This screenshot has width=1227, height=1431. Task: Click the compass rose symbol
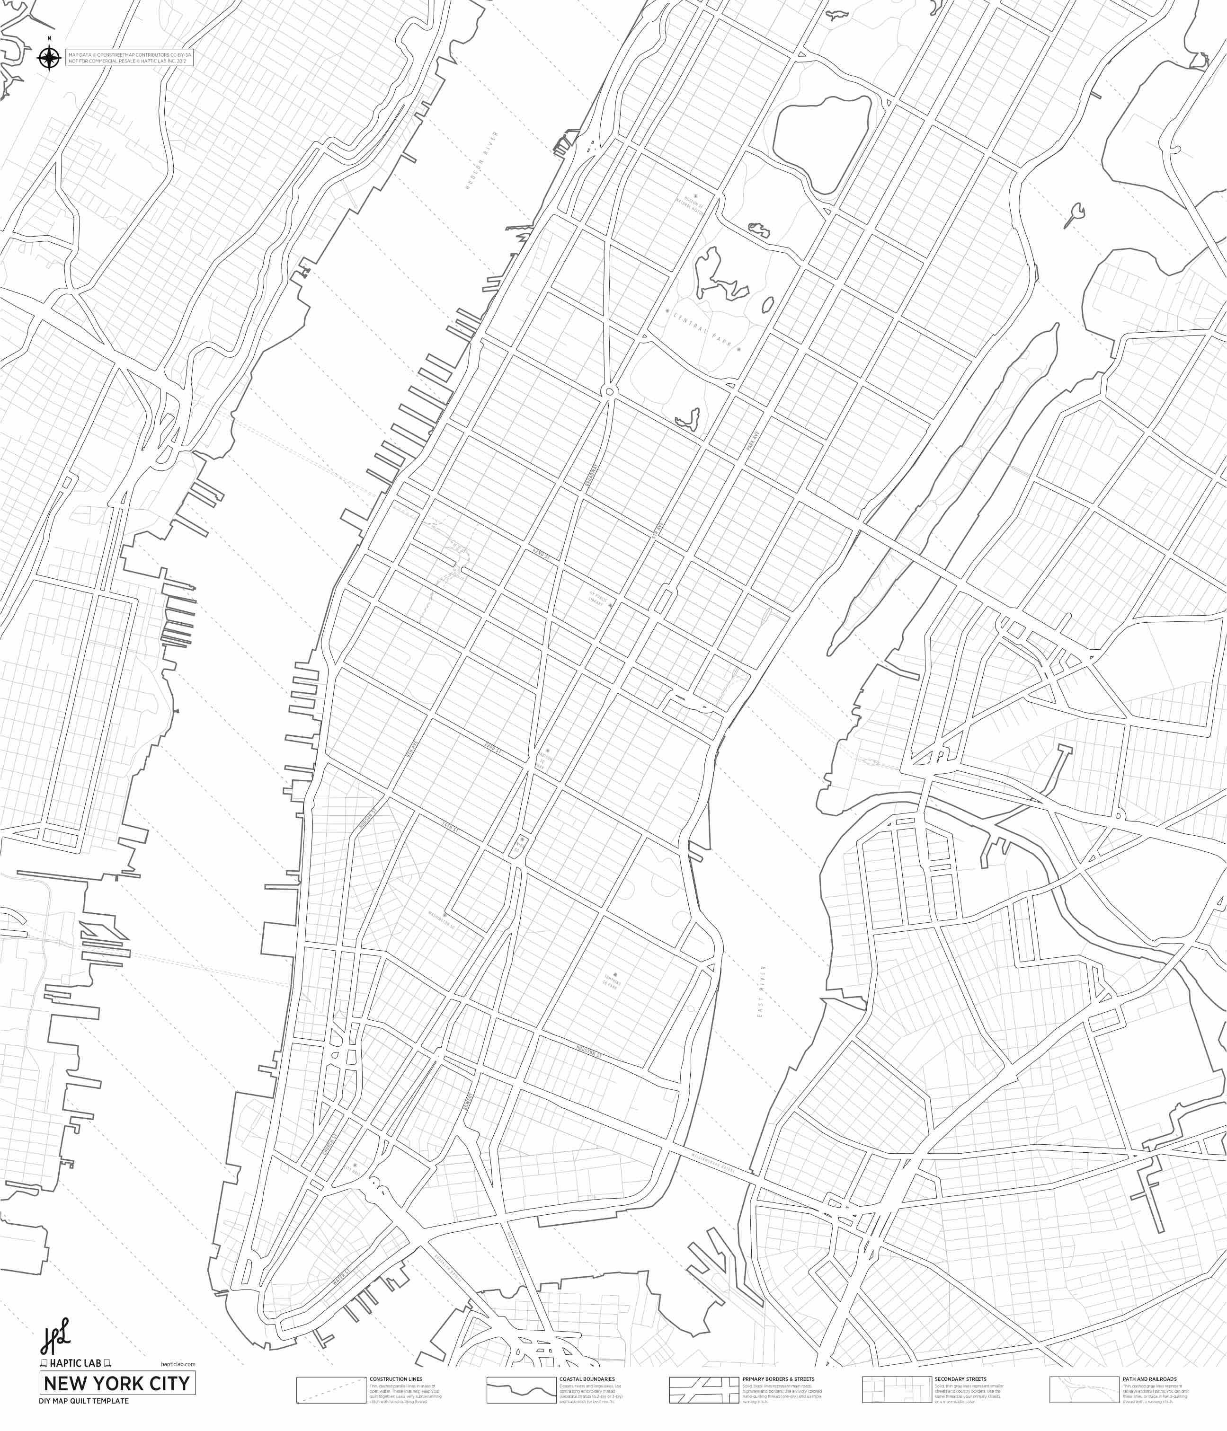[48, 58]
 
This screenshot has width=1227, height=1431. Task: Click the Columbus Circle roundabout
[609, 392]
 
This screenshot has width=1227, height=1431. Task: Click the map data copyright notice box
[128, 58]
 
